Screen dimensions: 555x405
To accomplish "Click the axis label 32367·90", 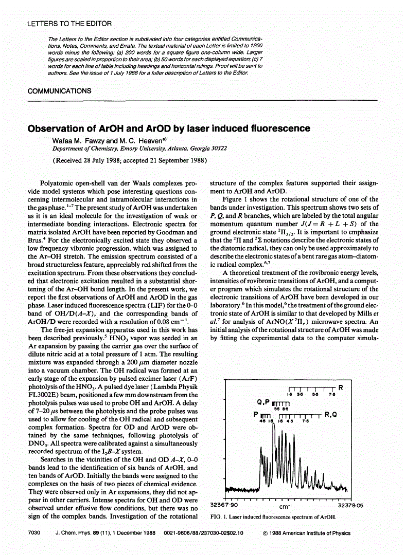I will coord(227,506).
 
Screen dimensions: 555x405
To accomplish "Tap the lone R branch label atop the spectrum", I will coord(340,387).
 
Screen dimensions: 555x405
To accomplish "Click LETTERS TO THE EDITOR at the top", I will coord(69,24).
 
